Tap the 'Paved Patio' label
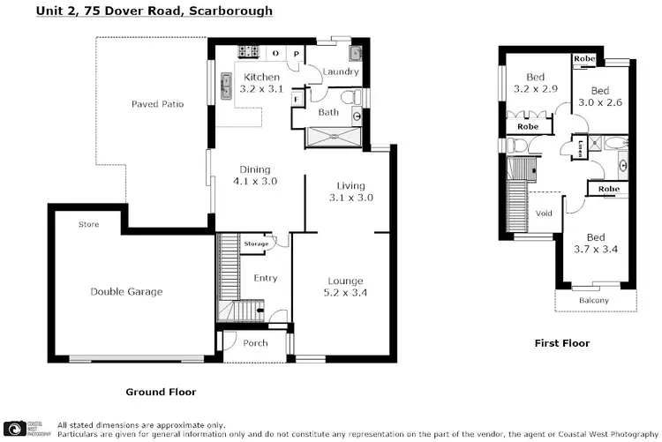click(x=157, y=104)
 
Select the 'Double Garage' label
click(x=126, y=292)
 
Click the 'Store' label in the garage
click(x=88, y=225)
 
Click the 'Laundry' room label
click(x=339, y=71)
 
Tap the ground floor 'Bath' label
click(x=328, y=112)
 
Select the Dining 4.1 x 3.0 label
click(x=255, y=176)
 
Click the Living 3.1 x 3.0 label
click(x=350, y=191)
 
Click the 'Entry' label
click(x=266, y=278)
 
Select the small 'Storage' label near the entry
click(x=256, y=243)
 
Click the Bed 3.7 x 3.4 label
click(x=596, y=243)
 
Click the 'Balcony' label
click(x=594, y=301)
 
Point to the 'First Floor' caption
click(x=562, y=343)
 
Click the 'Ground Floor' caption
click(x=161, y=392)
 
